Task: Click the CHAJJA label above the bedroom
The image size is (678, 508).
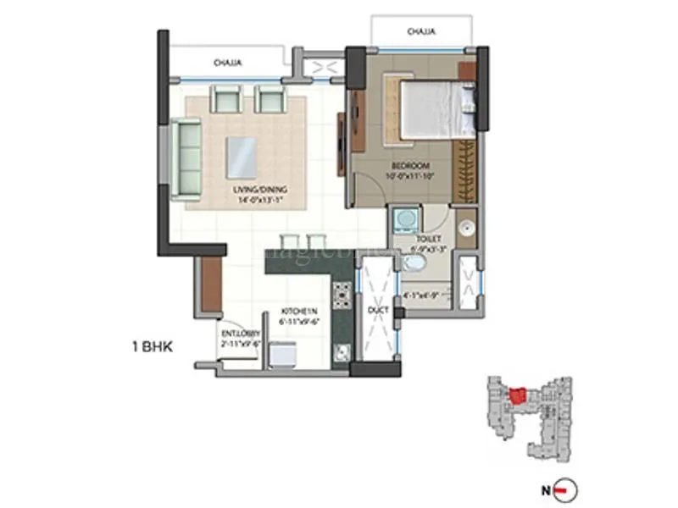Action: [421, 32]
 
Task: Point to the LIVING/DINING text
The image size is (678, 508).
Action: [256, 190]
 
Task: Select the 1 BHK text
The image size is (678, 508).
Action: [153, 345]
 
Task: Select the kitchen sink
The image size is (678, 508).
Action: [341, 351]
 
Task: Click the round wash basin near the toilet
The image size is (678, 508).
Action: [464, 227]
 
